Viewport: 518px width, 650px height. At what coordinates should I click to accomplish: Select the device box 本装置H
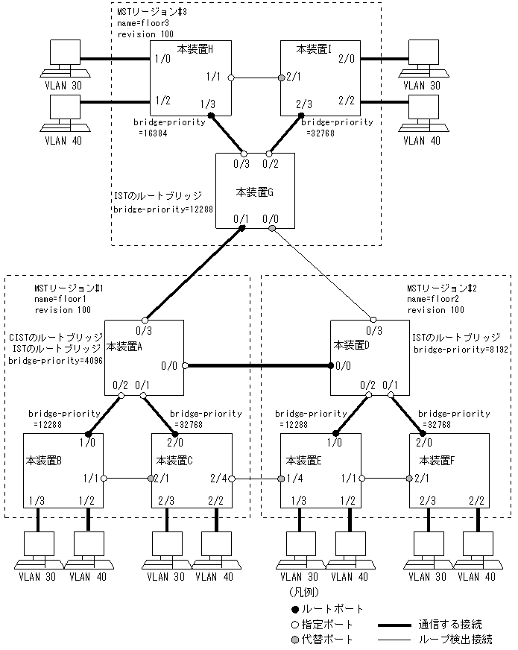[x=189, y=78]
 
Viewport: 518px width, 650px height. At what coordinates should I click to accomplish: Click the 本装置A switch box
[x=144, y=357]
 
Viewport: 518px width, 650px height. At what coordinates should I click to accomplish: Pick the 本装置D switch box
[x=370, y=357]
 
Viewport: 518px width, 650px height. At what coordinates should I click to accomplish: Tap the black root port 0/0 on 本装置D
[x=332, y=366]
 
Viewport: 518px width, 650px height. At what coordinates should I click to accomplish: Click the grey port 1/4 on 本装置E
[x=281, y=478]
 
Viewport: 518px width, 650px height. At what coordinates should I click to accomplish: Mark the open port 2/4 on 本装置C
[x=233, y=478]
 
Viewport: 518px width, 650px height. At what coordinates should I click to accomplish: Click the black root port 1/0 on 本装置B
[x=88, y=432]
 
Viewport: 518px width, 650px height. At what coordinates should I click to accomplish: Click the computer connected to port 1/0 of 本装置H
[x=62, y=59]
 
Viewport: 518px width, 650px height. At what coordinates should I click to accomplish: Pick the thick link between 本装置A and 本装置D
[x=257, y=366]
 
